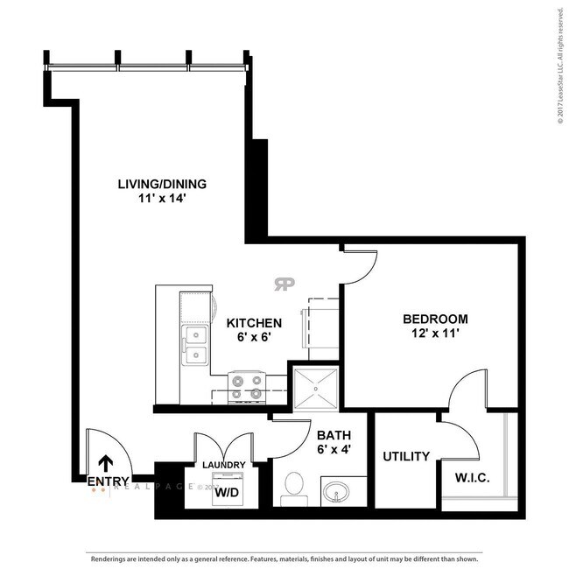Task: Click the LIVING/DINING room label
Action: pyautogui.click(x=162, y=184)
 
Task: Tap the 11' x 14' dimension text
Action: pyautogui.click(x=162, y=199)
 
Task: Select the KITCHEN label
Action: pyautogui.click(x=254, y=323)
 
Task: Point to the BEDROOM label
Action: pyautogui.click(x=435, y=319)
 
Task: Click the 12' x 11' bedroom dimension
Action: pyautogui.click(x=435, y=334)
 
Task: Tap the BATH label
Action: pyautogui.click(x=334, y=435)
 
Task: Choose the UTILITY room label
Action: pyautogui.click(x=406, y=456)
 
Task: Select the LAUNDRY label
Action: pyautogui.click(x=224, y=465)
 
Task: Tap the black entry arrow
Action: pyautogui.click(x=106, y=464)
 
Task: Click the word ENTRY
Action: pyautogui.click(x=109, y=481)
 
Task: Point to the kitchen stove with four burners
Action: pyautogui.click(x=246, y=386)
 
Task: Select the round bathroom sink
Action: pyautogui.click(x=335, y=493)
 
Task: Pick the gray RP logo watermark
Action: pyautogui.click(x=284, y=284)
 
